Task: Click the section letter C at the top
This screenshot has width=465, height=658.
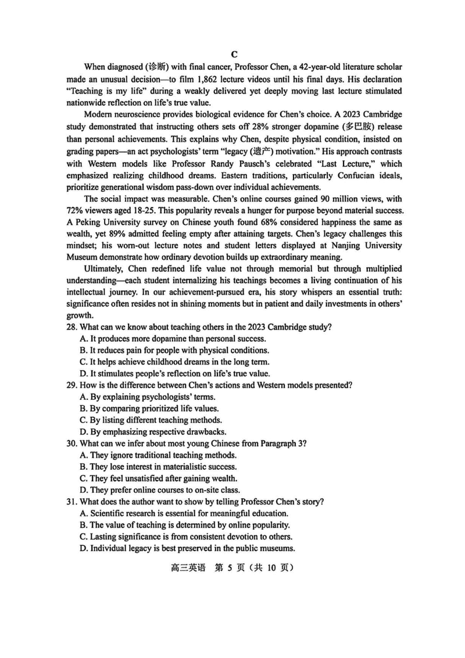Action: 234,54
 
